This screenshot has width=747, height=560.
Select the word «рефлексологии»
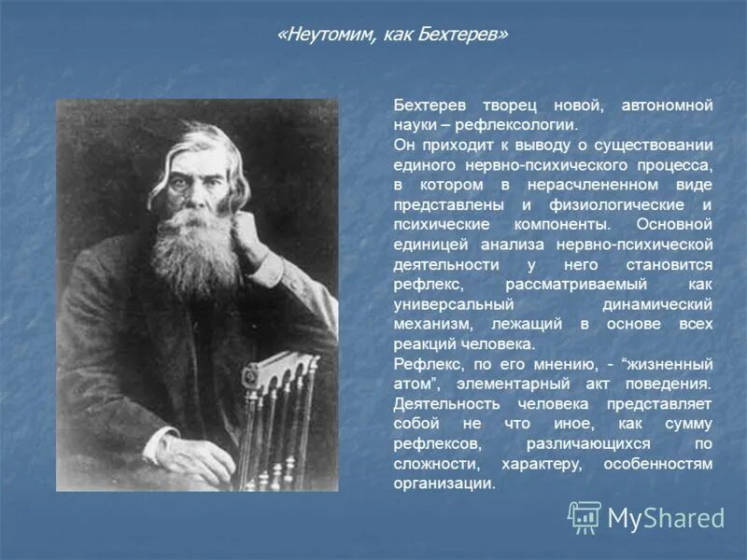(525, 123)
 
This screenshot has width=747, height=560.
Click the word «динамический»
(656, 304)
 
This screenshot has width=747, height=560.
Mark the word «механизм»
(431, 324)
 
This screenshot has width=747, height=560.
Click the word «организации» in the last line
(443, 483)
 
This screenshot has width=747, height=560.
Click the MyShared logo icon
(585, 517)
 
